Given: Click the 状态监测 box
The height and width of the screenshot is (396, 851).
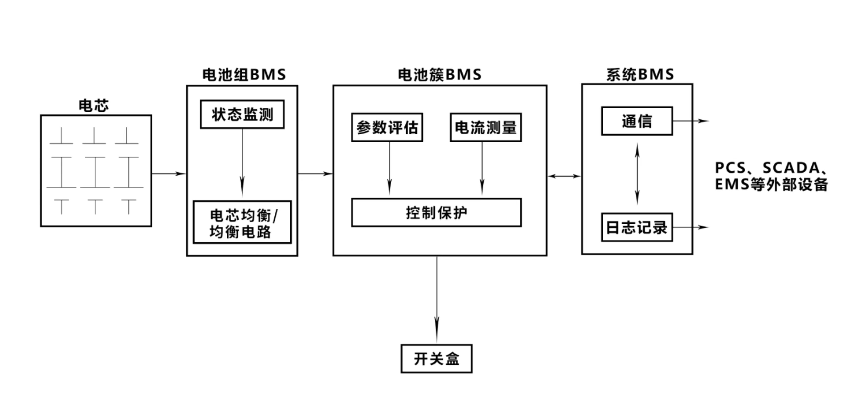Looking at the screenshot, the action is pos(242,114).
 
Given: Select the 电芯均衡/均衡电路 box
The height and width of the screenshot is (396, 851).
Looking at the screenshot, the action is pos(242,222).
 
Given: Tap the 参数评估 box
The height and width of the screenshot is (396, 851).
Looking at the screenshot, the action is pos(387,127).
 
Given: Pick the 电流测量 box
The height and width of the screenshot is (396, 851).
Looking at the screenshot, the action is pos(486,127).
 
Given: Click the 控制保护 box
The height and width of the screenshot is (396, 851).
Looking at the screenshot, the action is pos(436,212).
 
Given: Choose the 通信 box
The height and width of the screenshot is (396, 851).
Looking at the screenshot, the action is pos(637,121).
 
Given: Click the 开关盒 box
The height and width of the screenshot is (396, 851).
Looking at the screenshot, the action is pos(436,359).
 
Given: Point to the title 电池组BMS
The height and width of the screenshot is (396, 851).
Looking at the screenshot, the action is pos(244,74).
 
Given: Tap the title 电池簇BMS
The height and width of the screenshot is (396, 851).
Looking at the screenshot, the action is pos(440,74).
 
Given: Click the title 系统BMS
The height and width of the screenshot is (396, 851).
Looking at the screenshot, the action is pos(640,74).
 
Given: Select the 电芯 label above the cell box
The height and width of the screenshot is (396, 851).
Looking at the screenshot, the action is pos(94,106).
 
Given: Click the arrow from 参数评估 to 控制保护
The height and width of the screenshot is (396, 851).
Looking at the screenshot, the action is pos(389,168).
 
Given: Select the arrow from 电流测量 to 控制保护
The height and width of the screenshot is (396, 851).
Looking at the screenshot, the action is pos(482,168).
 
